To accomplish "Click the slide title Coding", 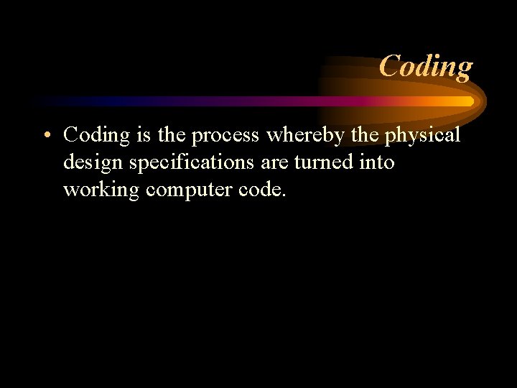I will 425,67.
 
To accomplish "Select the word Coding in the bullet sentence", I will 96,135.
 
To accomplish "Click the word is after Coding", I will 143,134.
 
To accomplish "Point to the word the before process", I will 172,134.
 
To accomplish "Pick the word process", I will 225,136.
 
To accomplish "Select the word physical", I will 424,135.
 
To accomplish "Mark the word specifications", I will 190,163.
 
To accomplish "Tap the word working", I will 101,190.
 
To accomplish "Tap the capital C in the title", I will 390,67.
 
